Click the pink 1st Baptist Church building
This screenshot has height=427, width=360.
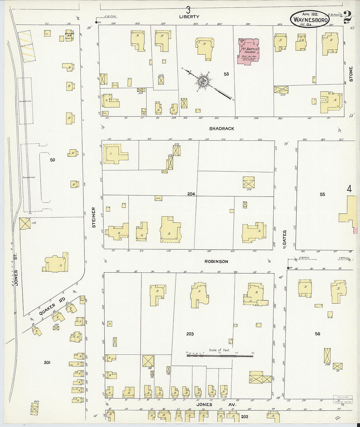(x=248, y=51)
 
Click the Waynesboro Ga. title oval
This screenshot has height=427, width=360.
(x=310, y=19)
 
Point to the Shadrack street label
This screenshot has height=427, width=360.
(x=222, y=129)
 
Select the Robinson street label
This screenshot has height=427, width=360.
(x=216, y=261)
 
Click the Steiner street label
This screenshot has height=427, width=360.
(x=94, y=217)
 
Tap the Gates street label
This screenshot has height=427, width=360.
(x=284, y=238)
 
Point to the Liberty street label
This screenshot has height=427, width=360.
(x=189, y=16)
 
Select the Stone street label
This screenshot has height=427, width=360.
(x=351, y=74)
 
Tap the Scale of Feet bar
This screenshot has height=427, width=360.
(x=220, y=355)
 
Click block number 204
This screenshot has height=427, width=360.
(x=191, y=194)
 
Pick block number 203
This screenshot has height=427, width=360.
(x=190, y=334)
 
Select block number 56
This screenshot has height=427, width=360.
(x=317, y=334)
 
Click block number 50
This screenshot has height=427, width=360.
(x=52, y=160)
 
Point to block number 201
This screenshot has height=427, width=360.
(x=47, y=362)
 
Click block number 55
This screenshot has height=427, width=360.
(x=322, y=194)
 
